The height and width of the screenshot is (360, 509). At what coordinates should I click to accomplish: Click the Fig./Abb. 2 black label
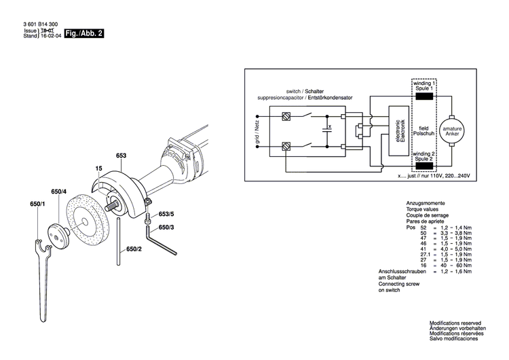tap(84, 33)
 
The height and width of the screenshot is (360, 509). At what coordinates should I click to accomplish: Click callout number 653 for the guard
tap(121, 156)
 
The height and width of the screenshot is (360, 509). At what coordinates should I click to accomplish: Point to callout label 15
tap(98, 168)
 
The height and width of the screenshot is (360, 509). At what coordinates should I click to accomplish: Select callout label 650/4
tap(58, 192)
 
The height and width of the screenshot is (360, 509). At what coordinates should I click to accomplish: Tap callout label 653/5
tap(166, 214)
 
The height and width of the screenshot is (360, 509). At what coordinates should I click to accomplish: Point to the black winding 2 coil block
tap(424, 165)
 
